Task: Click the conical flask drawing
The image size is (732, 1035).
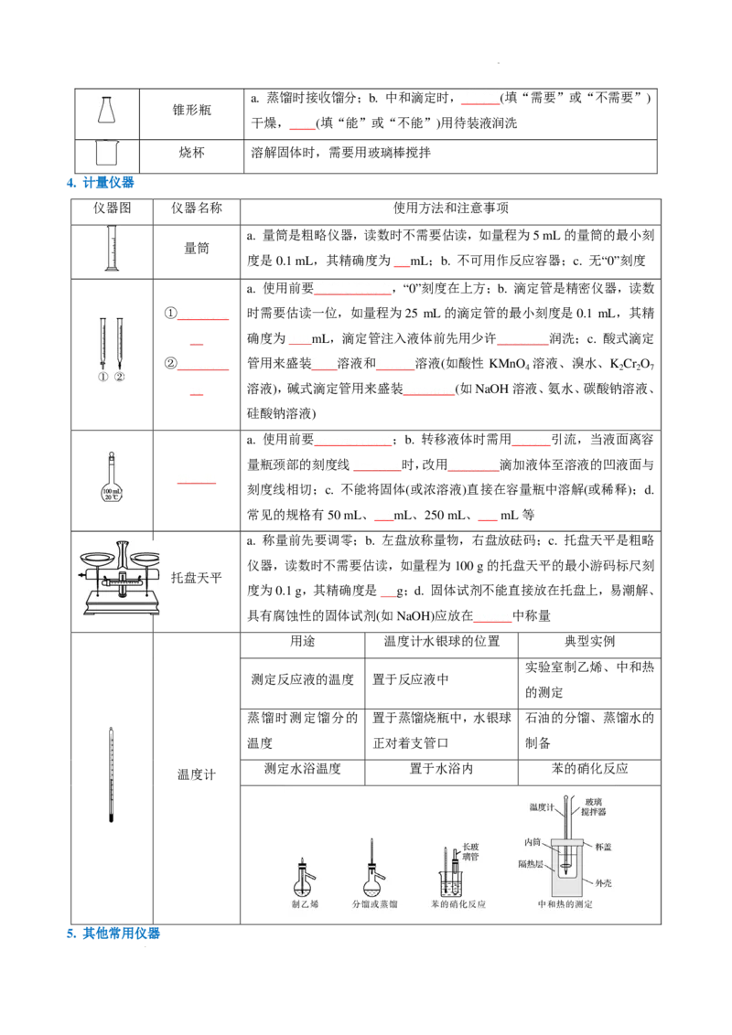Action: tap(106, 110)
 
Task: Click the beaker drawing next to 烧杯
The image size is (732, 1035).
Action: tap(106, 153)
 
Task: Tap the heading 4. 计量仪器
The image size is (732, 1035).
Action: tap(101, 183)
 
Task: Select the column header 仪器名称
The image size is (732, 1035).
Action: tap(196, 208)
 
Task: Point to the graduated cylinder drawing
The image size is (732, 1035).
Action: tap(112, 248)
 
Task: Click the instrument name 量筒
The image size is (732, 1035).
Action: tap(196, 249)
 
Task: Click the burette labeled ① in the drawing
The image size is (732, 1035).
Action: tap(103, 344)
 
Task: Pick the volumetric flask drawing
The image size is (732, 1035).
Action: tap(112, 477)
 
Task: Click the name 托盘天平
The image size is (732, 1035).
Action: tap(196, 578)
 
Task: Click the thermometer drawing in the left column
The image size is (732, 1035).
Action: tap(111, 775)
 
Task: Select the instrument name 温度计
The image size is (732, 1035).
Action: tap(196, 775)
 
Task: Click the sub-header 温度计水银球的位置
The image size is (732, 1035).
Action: tap(442, 642)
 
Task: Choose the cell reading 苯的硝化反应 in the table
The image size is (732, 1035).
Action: tap(589, 769)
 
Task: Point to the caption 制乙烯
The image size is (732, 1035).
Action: tap(305, 904)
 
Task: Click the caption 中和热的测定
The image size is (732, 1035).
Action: tap(565, 904)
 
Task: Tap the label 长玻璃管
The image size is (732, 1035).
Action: tap(470, 851)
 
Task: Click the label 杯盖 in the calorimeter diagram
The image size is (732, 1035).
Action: tap(603, 847)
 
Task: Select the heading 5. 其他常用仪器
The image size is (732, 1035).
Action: tap(113, 934)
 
